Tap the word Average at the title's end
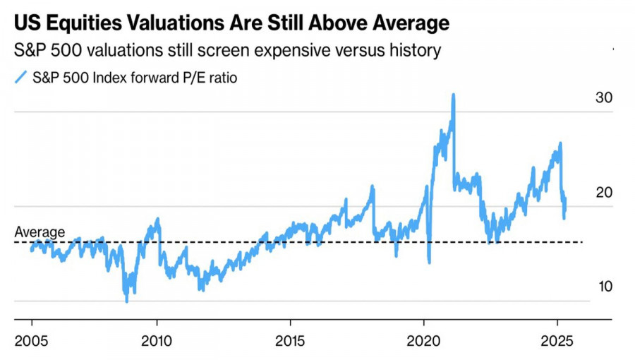[x=408, y=24]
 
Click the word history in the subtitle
[x=416, y=50]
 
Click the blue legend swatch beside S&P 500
[x=21, y=77]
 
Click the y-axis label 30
[x=603, y=99]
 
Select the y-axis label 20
[x=603, y=193]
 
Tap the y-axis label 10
[x=603, y=287]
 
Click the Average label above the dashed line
[x=40, y=232]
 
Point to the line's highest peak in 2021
[x=453, y=95]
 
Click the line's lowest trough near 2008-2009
[x=127, y=301]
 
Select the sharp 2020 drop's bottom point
[x=429, y=262]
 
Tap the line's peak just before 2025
[x=560, y=144]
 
